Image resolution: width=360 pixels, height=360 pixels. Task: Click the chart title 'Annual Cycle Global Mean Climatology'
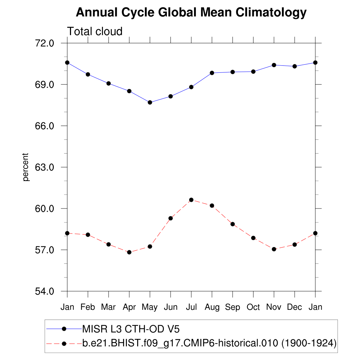(x=191, y=13)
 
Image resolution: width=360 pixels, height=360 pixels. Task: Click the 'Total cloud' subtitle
(x=95, y=32)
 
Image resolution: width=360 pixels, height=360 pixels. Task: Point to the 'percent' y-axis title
(x=26, y=167)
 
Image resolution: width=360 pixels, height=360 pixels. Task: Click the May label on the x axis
(x=150, y=308)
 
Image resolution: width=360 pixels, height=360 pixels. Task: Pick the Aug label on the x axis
(x=212, y=307)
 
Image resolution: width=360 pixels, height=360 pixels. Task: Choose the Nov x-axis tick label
(x=274, y=307)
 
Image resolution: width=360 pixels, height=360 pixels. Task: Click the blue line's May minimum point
(x=150, y=102)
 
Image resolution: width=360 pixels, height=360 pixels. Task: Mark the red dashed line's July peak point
(x=191, y=200)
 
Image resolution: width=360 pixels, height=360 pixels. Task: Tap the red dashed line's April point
(x=129, y=252)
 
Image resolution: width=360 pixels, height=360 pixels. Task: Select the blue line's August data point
(x=212, y=73)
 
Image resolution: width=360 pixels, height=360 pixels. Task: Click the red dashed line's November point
(x=274, y=249)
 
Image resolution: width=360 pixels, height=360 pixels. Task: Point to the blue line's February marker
(x=88, y=75)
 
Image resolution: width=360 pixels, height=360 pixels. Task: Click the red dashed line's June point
(x=171, y=218)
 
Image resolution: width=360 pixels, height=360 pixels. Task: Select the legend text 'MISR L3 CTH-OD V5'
(x=131, y=329)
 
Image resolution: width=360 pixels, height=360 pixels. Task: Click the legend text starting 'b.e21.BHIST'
(x=210, y=343)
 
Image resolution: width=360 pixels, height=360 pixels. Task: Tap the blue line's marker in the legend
(x=64, y=329)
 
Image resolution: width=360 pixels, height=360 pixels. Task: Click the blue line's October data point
(x=253, y=72)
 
